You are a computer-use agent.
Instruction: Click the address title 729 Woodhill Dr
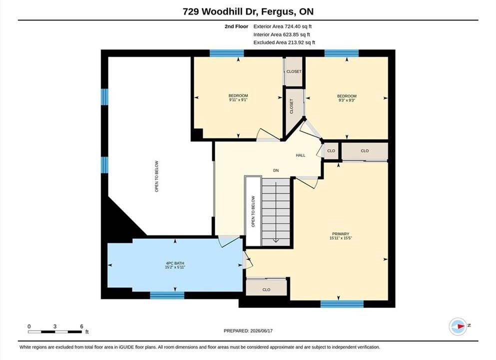tap(221, 11)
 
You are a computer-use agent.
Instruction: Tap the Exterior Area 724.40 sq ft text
tap(283, 26)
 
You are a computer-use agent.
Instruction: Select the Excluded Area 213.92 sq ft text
tap(284, 42)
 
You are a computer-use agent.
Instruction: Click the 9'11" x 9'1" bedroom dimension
tap(238, 99)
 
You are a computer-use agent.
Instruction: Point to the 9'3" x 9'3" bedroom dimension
tap(347, 100)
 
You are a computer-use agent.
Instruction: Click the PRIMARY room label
tap(341, 233)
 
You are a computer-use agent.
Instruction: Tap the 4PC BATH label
tap(175, 263)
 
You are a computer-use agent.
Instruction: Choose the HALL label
tap(301, 155)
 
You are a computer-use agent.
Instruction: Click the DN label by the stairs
tap(276, 170)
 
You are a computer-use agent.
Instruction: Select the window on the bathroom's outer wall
tap(167, 295)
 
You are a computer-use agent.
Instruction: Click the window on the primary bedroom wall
tap(342, 304)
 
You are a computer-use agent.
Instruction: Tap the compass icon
tap(458, 326)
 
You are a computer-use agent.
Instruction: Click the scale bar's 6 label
tap(81, 326)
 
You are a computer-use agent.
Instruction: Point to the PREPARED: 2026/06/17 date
tap(248, 331)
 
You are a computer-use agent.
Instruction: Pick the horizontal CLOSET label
tap(294, 71)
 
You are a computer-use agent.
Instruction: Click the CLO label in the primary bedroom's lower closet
tap(266, 289)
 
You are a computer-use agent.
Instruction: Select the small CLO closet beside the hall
tap(331, 150)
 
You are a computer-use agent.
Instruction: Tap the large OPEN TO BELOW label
tap(156, 176)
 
